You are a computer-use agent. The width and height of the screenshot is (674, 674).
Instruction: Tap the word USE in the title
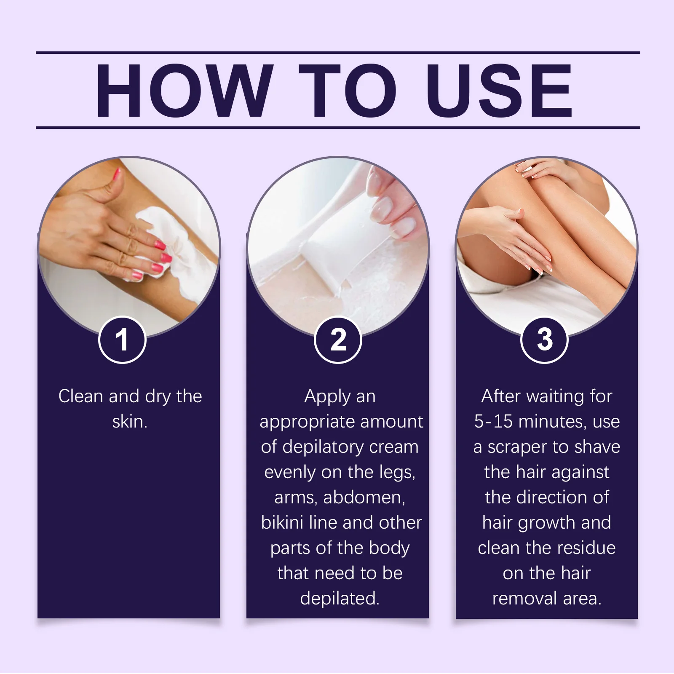499,90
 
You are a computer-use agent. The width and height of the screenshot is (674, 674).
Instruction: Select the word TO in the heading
348,90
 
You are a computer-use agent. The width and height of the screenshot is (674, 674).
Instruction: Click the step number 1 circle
122,340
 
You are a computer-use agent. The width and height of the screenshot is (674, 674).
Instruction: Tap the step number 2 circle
338,340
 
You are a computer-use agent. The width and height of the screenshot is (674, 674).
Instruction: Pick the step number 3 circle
545,340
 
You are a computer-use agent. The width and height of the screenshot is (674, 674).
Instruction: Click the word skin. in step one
130,422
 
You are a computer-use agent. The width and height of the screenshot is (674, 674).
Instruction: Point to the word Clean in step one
81,396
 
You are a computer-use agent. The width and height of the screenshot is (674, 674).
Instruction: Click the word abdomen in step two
364,497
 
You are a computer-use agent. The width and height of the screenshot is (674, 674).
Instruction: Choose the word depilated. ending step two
340,599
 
